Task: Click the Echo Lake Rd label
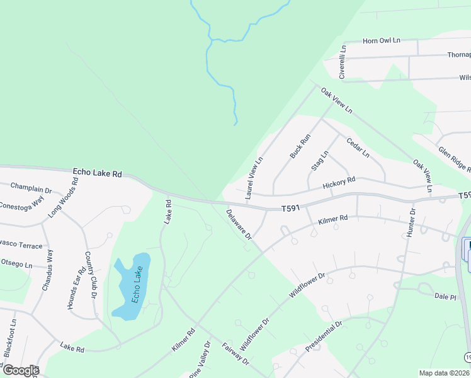click(x=97, y=172)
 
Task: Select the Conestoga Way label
click(x=21, y=203)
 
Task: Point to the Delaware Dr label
click(x=239, y=224)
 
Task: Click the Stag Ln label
click(x=320, y=161)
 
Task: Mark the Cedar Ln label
click(x=358, y=146)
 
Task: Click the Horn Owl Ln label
click(x=382, y=41)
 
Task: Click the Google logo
click(x=20, y=370)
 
